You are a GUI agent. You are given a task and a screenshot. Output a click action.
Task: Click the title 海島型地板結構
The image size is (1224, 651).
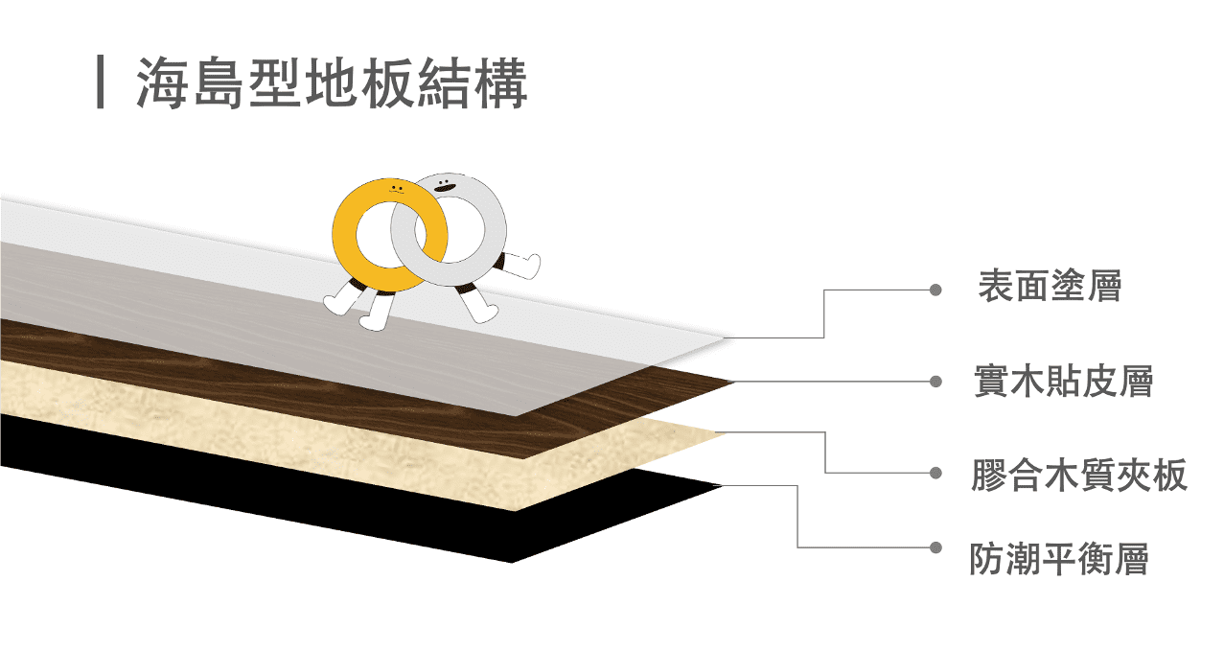point(332,83)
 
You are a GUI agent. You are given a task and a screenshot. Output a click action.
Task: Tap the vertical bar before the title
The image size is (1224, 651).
point(100,81)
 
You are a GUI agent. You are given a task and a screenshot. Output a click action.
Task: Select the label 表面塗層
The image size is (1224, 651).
point(1050,287)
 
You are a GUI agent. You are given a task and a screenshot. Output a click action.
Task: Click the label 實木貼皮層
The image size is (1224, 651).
point(1063,381)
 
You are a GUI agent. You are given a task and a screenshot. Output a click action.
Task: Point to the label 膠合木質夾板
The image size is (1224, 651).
point(1079,475)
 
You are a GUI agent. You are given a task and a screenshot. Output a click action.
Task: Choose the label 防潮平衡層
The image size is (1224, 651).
point(1059,559)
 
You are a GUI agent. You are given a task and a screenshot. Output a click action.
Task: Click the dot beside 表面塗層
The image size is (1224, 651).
point(935,290)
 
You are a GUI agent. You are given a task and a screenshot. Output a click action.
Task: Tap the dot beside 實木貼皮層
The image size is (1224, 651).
point(935,382)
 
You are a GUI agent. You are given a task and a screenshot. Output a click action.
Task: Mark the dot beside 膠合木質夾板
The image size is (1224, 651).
point(935,473)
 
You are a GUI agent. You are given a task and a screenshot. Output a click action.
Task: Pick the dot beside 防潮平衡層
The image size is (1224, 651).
point(935,547)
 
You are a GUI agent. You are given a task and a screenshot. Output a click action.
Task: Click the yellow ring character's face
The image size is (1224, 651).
point(397,190)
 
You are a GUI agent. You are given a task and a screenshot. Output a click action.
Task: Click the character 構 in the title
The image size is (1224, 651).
point(501,83)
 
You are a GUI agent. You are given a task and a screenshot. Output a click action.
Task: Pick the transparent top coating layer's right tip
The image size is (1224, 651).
point(727,338)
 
